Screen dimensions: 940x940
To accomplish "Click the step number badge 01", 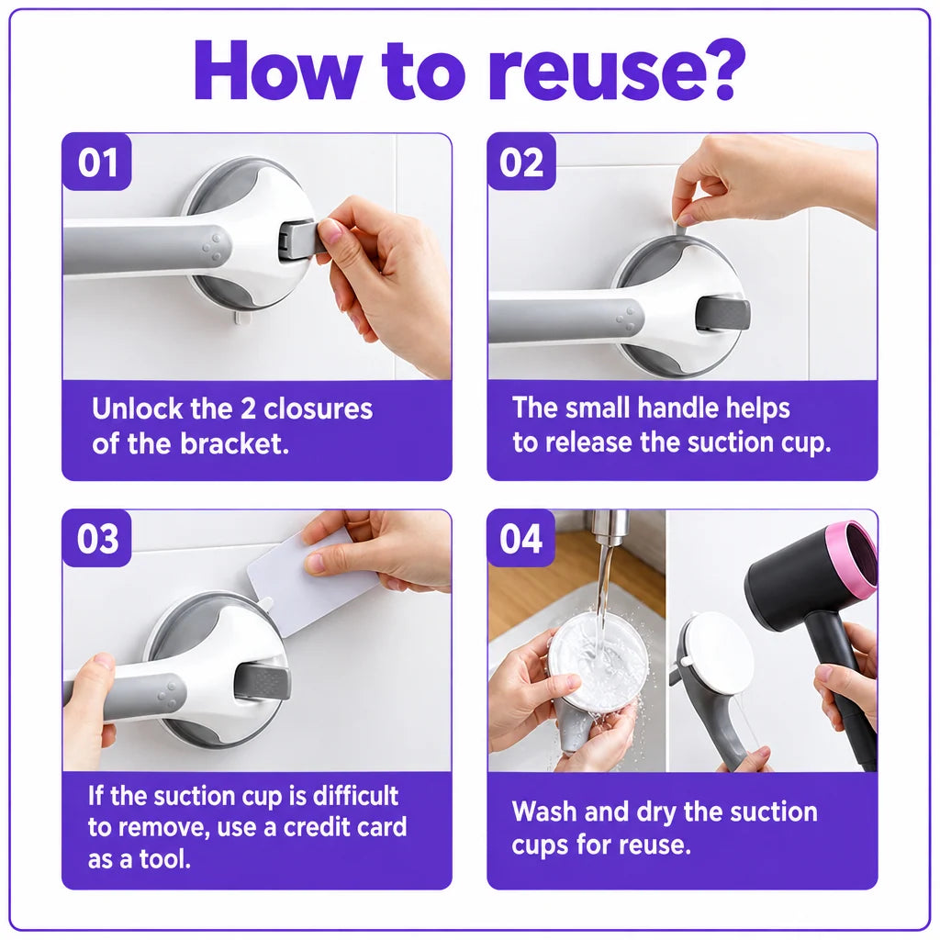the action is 96,162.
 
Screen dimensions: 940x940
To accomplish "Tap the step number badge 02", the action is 521,162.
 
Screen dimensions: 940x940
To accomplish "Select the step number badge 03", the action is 96,538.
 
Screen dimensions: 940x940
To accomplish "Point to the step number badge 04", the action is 521,538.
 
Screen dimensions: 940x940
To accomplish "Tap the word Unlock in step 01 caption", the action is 138,408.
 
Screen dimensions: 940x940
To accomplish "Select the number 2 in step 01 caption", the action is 248,409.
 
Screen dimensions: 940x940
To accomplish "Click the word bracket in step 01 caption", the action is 234,443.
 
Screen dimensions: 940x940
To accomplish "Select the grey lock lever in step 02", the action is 722,314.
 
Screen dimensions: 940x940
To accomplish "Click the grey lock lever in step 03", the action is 262,681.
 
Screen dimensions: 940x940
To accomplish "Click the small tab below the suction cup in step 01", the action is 241,316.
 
